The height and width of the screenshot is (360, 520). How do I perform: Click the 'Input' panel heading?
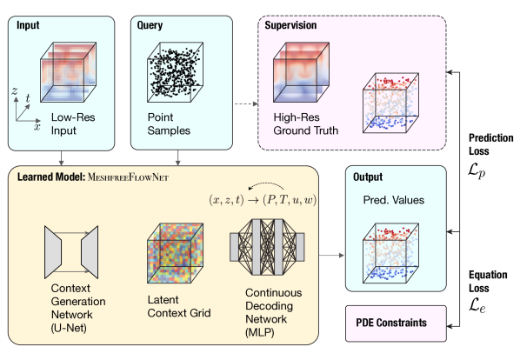30,25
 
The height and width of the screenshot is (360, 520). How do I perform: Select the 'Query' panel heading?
150,25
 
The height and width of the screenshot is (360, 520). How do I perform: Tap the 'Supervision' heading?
291,25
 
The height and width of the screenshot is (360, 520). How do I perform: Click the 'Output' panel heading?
368,177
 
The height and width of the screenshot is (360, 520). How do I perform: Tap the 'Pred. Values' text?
392,200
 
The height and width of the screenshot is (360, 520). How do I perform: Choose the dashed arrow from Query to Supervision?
245,104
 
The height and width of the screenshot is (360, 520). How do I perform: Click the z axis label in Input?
15,91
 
